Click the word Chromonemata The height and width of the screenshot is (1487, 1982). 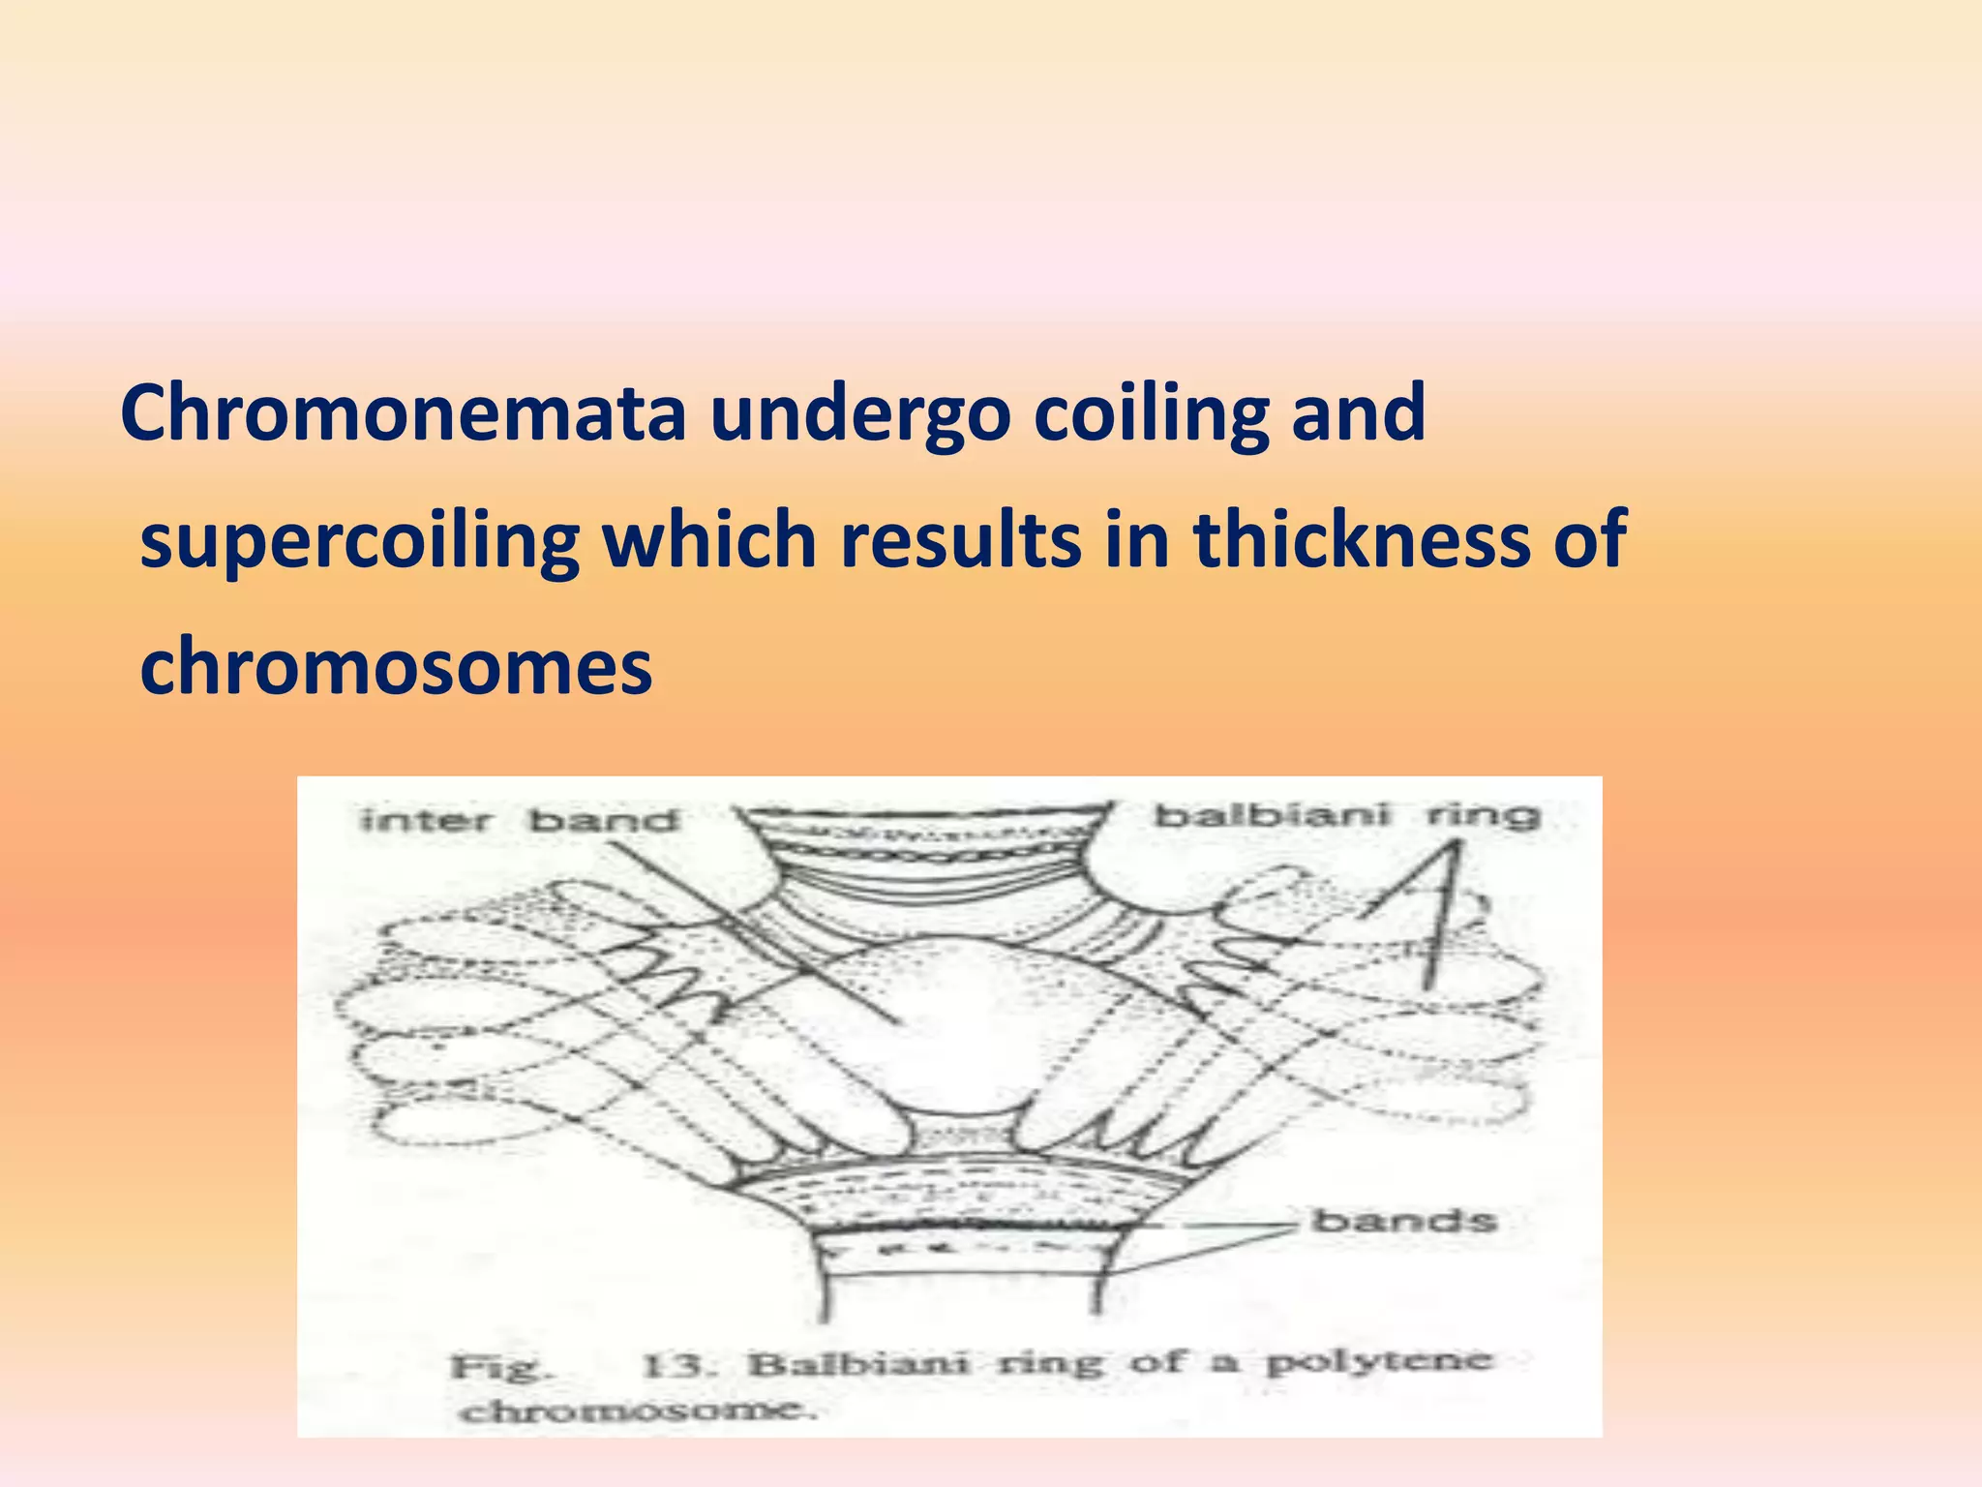(x=403, y=414)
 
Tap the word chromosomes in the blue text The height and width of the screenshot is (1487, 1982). (x=396, y=668)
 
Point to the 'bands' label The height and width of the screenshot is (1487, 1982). (x=1403, y=1221)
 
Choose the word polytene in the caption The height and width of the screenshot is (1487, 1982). (x=1380, y=1361)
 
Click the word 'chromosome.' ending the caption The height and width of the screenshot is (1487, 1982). (x=639, y=1411)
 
